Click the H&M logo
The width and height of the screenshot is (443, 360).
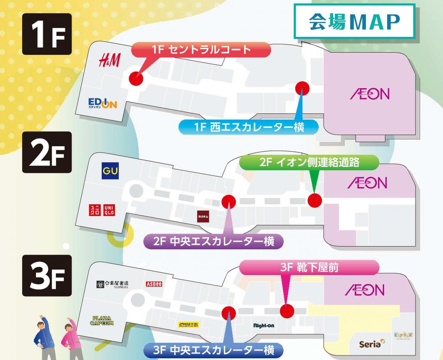coord(109,60)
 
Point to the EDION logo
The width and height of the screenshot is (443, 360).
coord(103,103)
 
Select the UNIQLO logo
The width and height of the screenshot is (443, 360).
coord(103,210)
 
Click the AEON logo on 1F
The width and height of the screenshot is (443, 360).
coord(369,94)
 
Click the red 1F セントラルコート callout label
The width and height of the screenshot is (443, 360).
coord(201,50)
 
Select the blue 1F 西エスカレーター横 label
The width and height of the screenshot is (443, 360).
coord(249,127)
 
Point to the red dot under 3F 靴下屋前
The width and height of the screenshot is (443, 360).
coord(286,310)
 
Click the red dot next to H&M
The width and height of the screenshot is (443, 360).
coord(136,78)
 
